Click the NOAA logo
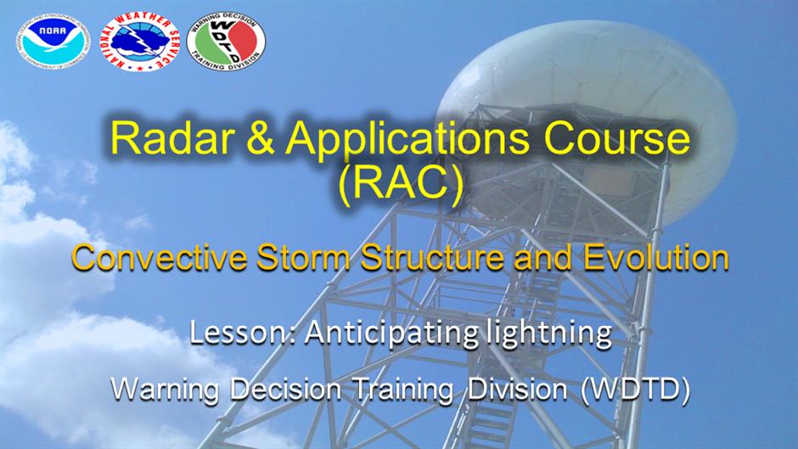point(53,42)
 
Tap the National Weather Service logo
point(140,42)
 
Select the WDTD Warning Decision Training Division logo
point(226,42)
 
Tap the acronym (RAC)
point(401,182)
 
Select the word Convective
point(160,257)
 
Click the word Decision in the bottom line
point(285,390)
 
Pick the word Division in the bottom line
point(517,390)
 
